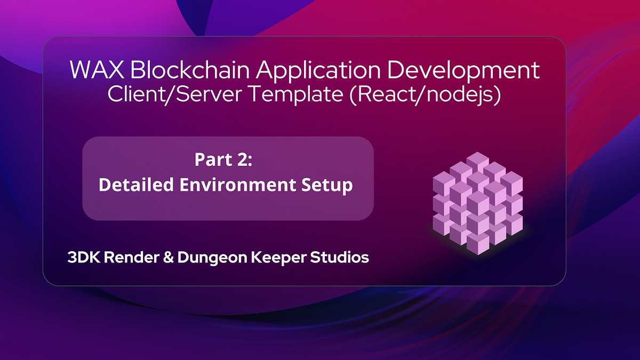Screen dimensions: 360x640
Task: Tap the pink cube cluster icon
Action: click(x=478, y=203)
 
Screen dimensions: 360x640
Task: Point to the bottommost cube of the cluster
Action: click(x=478, y=244)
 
